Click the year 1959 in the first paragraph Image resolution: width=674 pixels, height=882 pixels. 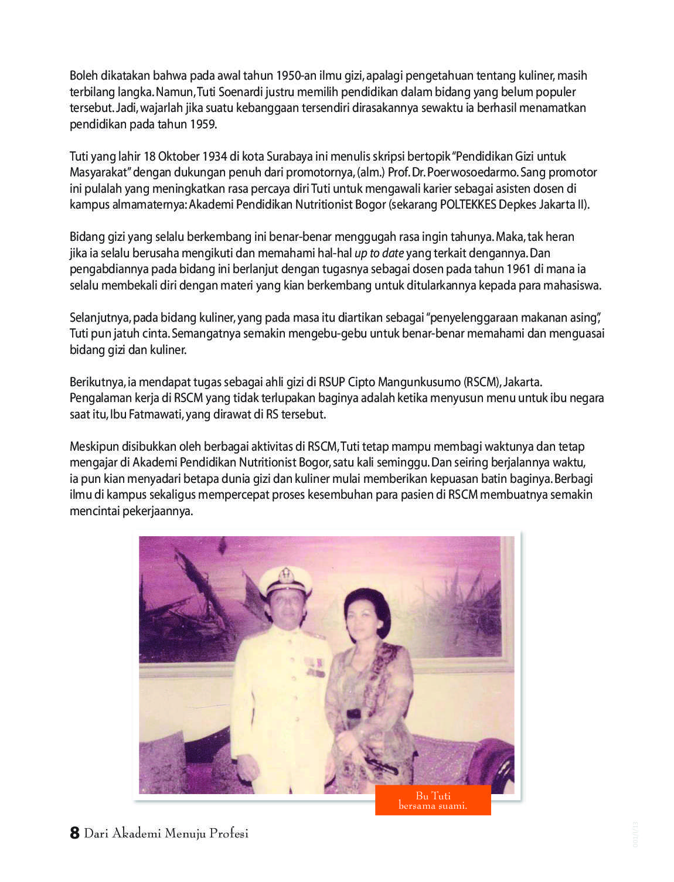coord(203,124)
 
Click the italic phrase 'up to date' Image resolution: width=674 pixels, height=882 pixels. coord(379,253)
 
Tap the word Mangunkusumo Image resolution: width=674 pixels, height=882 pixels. coord(419,382)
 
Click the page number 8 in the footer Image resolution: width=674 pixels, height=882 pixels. coord(74,833)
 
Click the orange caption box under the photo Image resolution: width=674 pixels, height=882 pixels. coord(433,801)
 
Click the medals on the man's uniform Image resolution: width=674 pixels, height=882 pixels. coord(315,667)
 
